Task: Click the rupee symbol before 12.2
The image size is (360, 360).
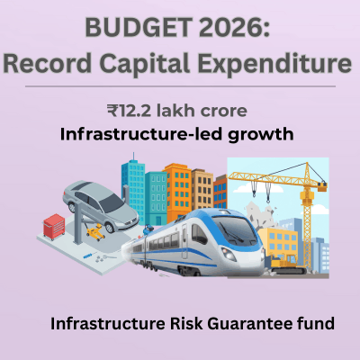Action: (x=112, y=112)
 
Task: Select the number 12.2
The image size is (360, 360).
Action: (x=137, y=112)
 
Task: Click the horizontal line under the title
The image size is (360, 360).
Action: (x=180, y=86)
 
